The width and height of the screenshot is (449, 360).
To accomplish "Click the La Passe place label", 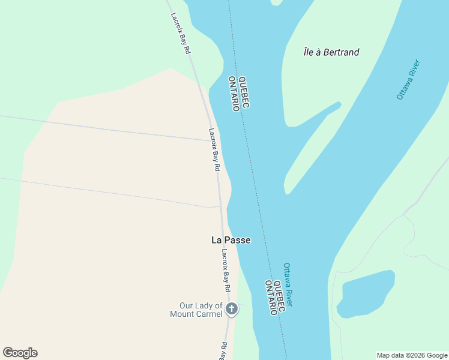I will pos(231,240).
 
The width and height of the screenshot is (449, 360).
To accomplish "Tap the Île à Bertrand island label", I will pos(331,52).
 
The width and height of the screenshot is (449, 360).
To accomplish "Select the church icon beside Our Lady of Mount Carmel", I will pos(232,310).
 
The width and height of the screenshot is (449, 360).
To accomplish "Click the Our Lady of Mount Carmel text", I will pos(196,310).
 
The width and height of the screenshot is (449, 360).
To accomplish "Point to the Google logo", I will pos(20,353).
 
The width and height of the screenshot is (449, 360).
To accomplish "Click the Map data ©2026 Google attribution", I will pos(412,355).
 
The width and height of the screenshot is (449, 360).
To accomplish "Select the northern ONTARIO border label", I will pos(234,94).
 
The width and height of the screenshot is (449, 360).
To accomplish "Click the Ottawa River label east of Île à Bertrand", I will pos(408,79).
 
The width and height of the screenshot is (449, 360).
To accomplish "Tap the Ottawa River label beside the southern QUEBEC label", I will pos(288,284).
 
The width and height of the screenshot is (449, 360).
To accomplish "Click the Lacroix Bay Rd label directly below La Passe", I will pos(226,266).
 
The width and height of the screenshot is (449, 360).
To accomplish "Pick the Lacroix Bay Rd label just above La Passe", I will pos(214,150).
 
